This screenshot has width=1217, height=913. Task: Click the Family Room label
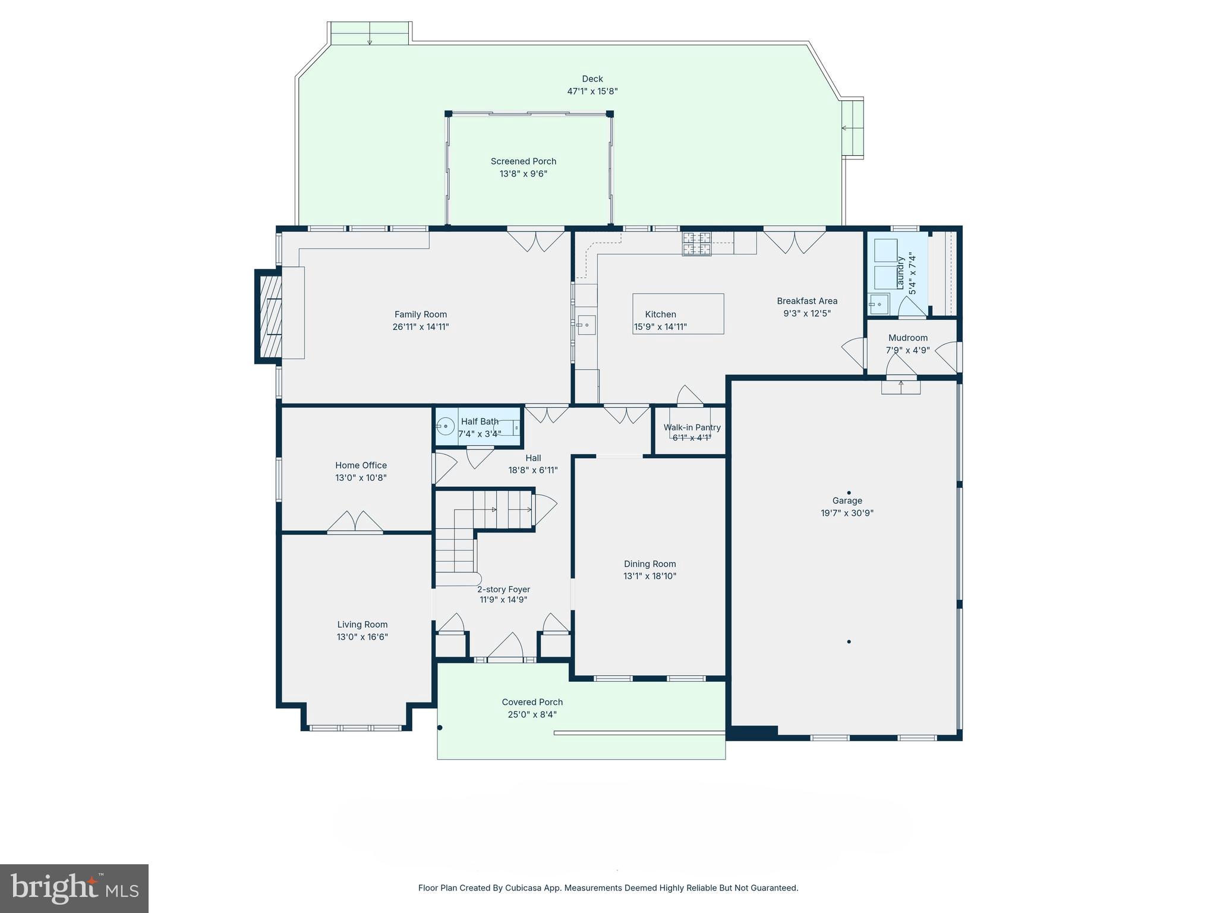[x=420, y=314]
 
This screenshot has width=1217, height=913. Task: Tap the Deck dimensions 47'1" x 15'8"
[x=592, y=92]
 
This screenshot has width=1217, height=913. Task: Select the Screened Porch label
[x=523, y=161]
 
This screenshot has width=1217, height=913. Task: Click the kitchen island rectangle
[x=678, y=313]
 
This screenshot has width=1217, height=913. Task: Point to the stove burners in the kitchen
[x=696, y=243]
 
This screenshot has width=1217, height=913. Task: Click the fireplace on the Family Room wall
[x=269, y=316]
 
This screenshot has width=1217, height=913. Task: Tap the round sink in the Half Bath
[x=446, y=426]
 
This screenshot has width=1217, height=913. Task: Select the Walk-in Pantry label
[x=692, y=427]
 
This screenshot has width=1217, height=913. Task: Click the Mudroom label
[x=907, y=338]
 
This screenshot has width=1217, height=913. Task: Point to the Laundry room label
[x=900, y=273]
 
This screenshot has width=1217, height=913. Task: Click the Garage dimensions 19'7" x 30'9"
[x=847, y=513]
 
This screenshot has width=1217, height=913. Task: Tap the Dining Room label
[x=650, y=564]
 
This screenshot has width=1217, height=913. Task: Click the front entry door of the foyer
[x=506, y=647]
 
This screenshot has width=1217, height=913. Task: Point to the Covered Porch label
[x=532, y=702]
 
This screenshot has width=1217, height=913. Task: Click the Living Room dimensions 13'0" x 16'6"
[x=362, y=637]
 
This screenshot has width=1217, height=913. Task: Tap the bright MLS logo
[x=74, y=888]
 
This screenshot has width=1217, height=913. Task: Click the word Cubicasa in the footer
[x=521, y=888]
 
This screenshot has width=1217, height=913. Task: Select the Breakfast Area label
[x=806, y=301]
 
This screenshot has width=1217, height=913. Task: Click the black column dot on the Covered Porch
[x=440, y=728]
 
